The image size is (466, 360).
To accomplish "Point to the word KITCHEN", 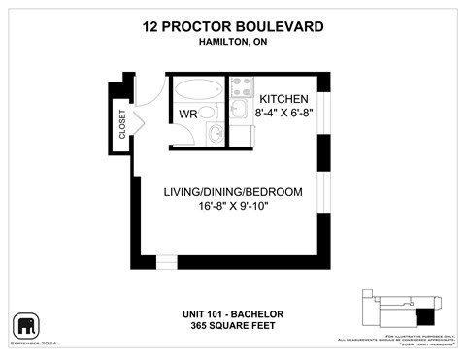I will click(x=283, y=99).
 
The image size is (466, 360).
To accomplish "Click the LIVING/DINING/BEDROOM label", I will click(x=233, y=190).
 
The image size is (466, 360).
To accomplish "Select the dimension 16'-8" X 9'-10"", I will click(x=233, y=206).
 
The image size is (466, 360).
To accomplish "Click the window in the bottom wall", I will click(x=167, y=261).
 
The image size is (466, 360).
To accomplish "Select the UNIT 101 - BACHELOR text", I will click(x=232, y=313).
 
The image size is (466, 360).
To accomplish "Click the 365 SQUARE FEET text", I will click(x=232, y=326).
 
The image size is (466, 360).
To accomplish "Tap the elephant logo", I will click(x=25, y=325).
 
